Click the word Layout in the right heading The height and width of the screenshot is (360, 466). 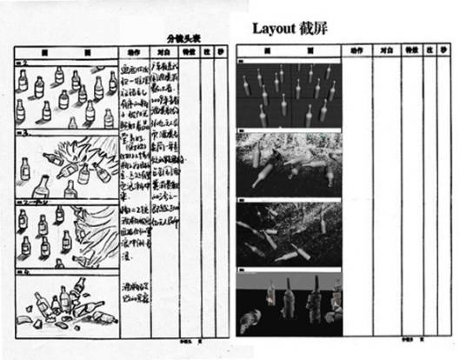point(275,28)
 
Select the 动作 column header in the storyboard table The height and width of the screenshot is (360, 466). point(133,52)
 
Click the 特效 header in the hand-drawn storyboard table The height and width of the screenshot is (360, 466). point(189,52)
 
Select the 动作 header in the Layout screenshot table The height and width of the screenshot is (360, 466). point(356,51)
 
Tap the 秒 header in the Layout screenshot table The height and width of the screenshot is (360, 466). point(445,51)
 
